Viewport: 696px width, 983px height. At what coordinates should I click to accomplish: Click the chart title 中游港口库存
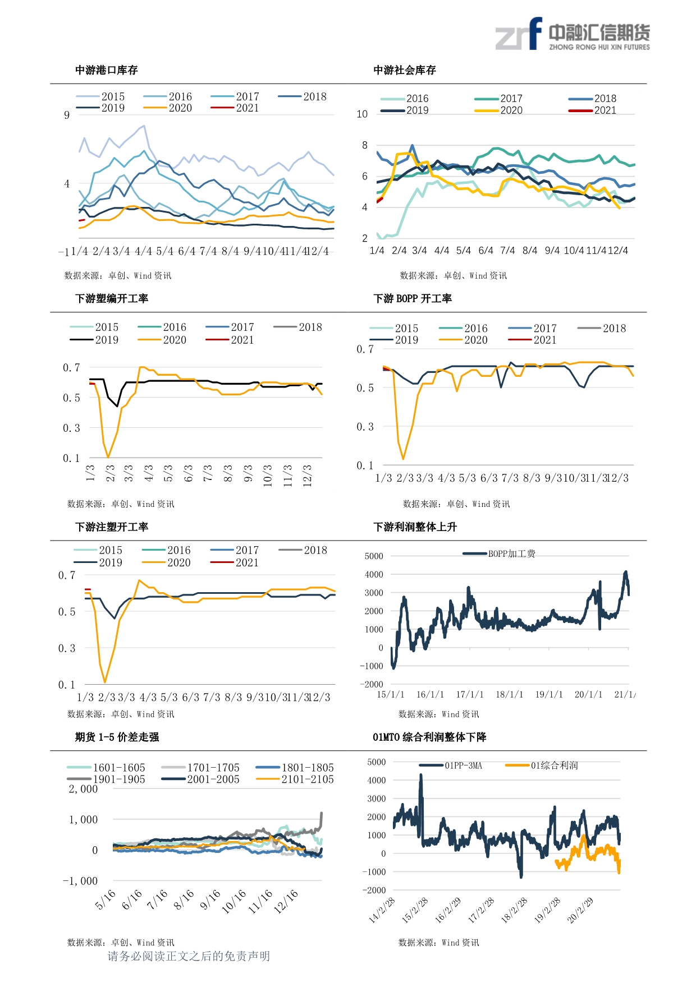pos(106,70)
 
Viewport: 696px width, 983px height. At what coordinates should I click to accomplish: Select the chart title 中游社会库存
pos(404,70)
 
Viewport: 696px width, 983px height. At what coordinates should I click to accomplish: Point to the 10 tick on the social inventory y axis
pos(362,114)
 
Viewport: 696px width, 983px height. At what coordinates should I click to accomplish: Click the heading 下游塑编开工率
pos(112,298)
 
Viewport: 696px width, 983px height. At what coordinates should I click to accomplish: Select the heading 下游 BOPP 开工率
pos(413,298)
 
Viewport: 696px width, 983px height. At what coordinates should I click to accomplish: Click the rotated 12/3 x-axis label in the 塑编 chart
pos(307,475)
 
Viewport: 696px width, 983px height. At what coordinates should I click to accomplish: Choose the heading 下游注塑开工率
pos(112,527)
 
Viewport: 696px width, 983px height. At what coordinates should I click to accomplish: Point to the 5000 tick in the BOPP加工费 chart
pos(374,556)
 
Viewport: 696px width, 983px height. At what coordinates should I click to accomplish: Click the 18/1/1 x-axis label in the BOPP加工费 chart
pos(509,694)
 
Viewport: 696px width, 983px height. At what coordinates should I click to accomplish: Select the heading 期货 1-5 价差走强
pos(117,737)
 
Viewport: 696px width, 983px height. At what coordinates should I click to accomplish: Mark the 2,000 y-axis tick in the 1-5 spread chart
pos(83,789)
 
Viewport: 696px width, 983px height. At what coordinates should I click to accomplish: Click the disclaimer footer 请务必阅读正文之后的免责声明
pos(189,956)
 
